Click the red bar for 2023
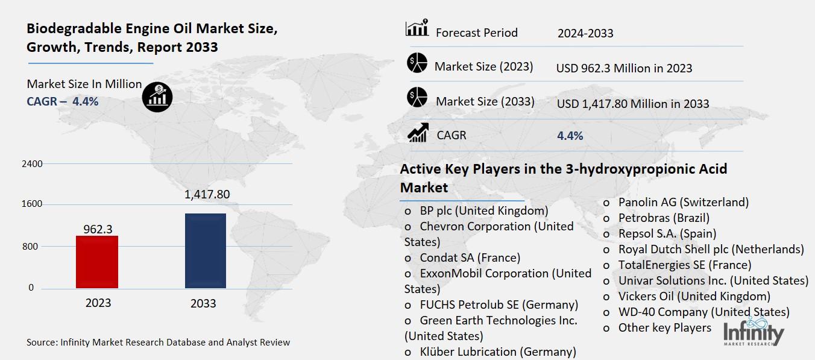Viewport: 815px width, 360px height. (97, 262)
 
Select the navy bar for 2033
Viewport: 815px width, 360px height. (205, 251)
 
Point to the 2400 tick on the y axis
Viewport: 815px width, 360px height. (33, 164)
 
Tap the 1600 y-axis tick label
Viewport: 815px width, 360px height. (33, 204)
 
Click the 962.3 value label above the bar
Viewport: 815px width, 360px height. (97, 229)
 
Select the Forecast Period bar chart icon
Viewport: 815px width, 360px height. (417, 28)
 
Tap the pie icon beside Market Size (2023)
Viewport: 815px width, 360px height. (417, 63)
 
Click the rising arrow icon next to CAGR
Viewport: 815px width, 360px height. (418, 133)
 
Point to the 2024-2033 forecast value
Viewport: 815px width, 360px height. (585, 33)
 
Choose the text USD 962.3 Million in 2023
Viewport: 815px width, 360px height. (624, 68)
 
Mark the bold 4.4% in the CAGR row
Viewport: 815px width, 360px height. (570, 136)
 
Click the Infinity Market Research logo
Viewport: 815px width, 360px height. (753, 333)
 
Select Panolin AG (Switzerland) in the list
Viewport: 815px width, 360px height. (683, 202)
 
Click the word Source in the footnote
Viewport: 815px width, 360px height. (41, 343)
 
